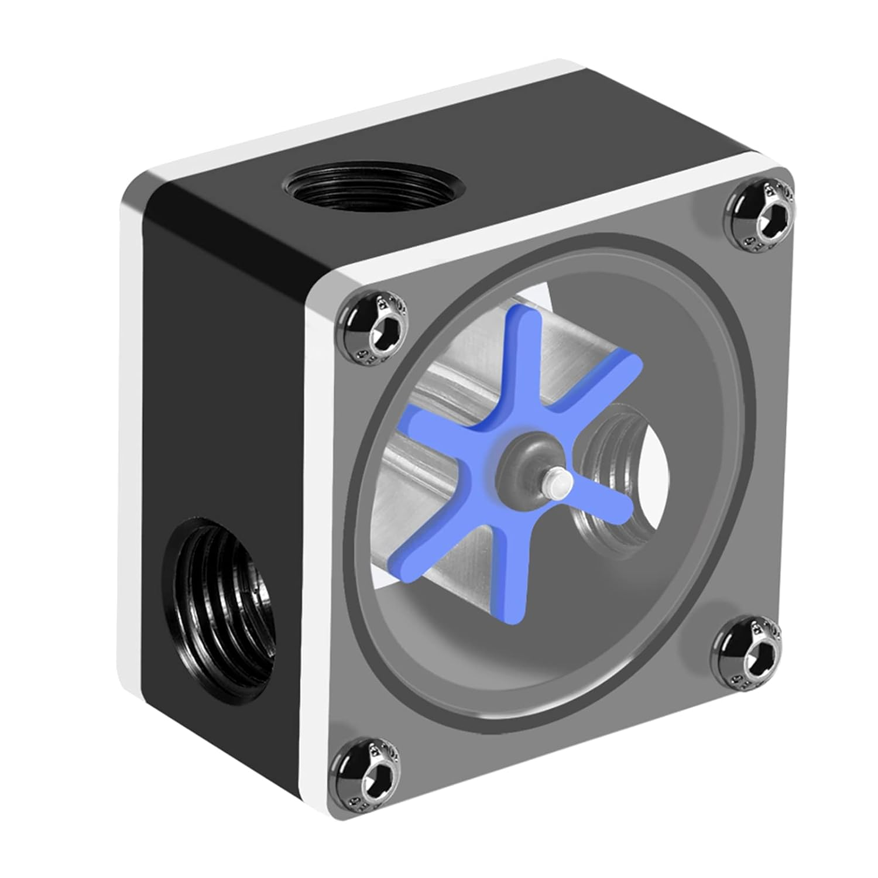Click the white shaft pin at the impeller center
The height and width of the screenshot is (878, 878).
pyautogui.click(x=557, y=483)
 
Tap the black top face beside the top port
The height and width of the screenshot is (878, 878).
pyautogui.click(x=527, y=146)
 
